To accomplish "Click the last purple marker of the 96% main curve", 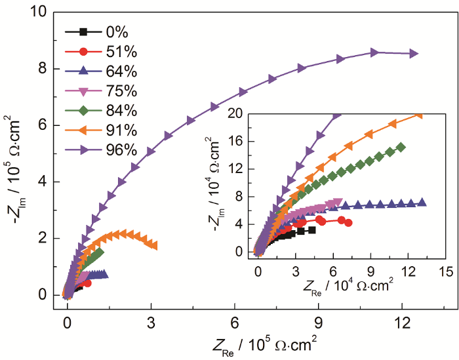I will click(414, 54).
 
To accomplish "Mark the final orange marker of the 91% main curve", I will click(153, 245).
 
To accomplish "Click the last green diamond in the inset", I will click(401, 147).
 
